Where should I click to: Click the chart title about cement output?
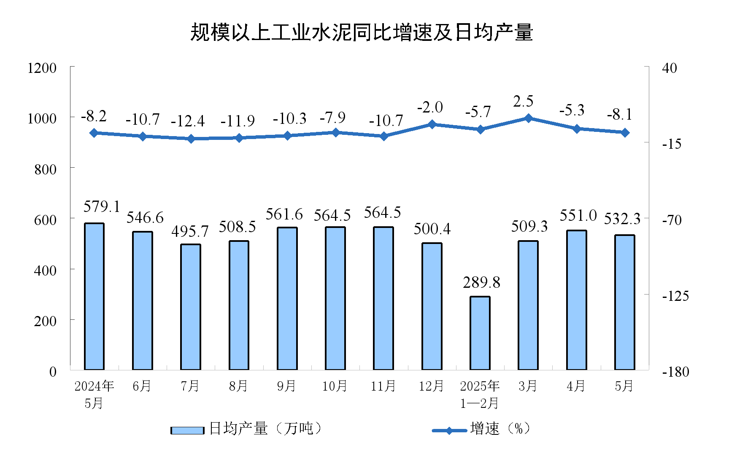click(x=362, y=32)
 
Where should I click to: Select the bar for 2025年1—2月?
click(x=480, y=333)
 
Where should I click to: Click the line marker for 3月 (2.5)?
click(x=528, y=118)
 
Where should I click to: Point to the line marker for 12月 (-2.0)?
click(x=432, y=124)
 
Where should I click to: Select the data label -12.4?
click(x=188, y=121)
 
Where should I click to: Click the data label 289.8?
click(x=481, y=282)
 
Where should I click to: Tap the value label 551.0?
click(x=578, y=216)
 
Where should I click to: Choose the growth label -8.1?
click(x=620, y=114)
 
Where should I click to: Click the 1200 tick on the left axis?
click(x=42, y=68)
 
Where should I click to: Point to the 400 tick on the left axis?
click(x=45, y=270)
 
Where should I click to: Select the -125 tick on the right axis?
click(x=675, y=296)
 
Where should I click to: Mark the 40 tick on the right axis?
click(x=670, y=68)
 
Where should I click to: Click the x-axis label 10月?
click(x=335, y=386)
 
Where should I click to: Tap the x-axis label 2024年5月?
click(x=94, y=394)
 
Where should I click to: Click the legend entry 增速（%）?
click(x=481, y=429)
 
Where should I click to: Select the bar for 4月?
click(x=576, y=300)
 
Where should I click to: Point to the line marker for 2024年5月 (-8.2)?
click(x=94, y=133)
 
